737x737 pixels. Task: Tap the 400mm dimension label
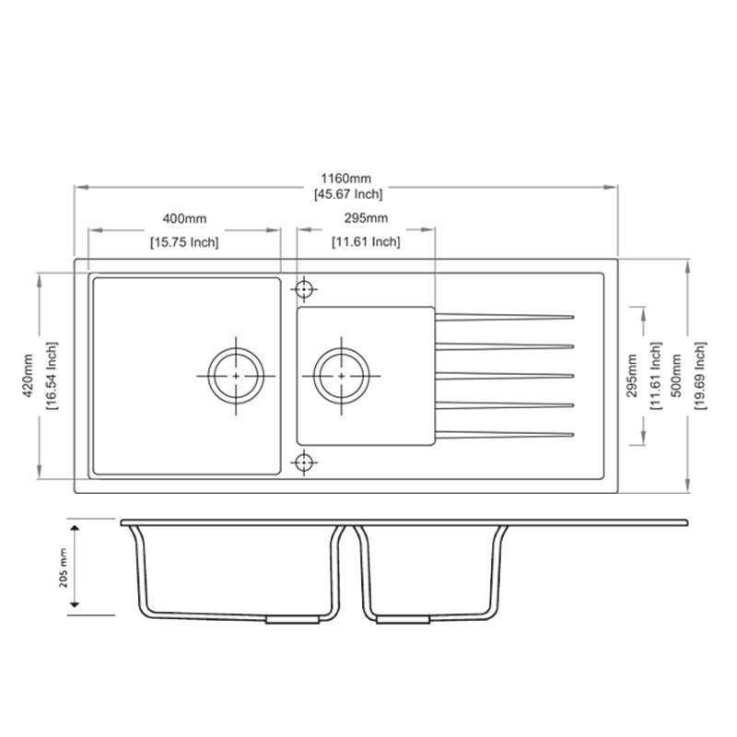[184, 219]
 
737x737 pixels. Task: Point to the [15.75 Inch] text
[184, 242]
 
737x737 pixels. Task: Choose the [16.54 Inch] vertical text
[53, 376]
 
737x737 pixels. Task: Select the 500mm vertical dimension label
[679, 375]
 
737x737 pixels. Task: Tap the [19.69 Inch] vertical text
[701, 375]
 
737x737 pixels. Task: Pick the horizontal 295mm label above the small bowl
[366, 219]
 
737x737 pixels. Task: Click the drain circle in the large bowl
[236, 376]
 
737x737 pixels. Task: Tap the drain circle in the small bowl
[342, 376]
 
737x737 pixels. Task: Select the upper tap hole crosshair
[304, 289]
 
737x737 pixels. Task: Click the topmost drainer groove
[504, 318]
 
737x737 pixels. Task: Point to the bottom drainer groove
[504, 434]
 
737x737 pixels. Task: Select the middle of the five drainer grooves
[504, 376]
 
